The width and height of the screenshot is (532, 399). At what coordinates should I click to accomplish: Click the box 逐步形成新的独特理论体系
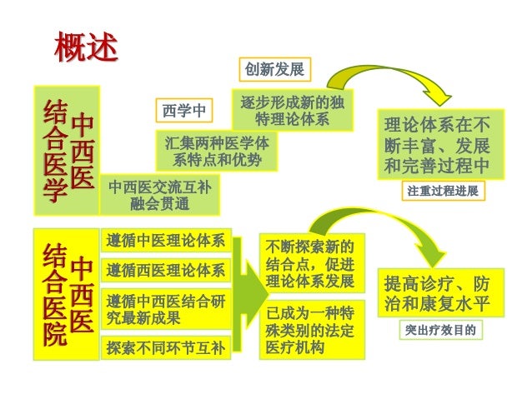(292, 111)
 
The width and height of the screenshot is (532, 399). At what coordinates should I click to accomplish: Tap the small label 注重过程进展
(443, 192)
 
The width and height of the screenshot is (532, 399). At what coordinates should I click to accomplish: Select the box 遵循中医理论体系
(165, 242)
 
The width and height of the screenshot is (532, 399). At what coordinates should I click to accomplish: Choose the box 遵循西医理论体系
(165, 270)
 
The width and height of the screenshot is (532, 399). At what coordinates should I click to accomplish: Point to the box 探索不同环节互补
(165, 347)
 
